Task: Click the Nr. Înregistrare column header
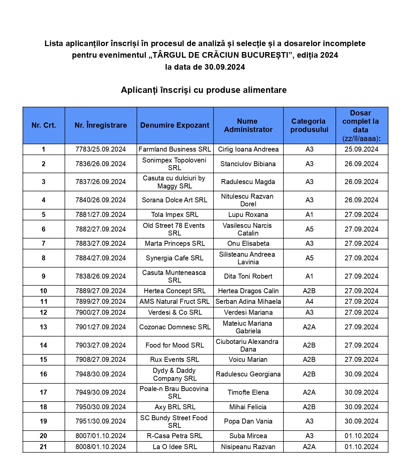tap(101, 125)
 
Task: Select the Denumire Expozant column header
tap(175, 125)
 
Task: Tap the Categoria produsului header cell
tap(309, 125)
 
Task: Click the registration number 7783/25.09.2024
tap(101, 149)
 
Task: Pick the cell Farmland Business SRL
tap(175, 149)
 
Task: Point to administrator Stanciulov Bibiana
tap(248, 164)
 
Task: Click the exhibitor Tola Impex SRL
tap(175, 215)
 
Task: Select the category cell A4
tap(309, 301)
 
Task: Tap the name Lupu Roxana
tap(248, 215)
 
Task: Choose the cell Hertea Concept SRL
tap(175, 291)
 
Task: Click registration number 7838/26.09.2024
tap(101, 276)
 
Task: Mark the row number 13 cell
tap(43, 327)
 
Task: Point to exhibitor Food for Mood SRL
tap(175, 345)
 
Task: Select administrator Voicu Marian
tap(248, 360)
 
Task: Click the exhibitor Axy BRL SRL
tap(175, 407)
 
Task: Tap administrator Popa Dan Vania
tap(248, 421)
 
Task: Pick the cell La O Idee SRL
tap(175, 447)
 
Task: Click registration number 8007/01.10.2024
tap(101, 436)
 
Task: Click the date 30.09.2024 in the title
tap(224, 67)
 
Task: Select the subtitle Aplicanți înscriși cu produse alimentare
tap(204, 90)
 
